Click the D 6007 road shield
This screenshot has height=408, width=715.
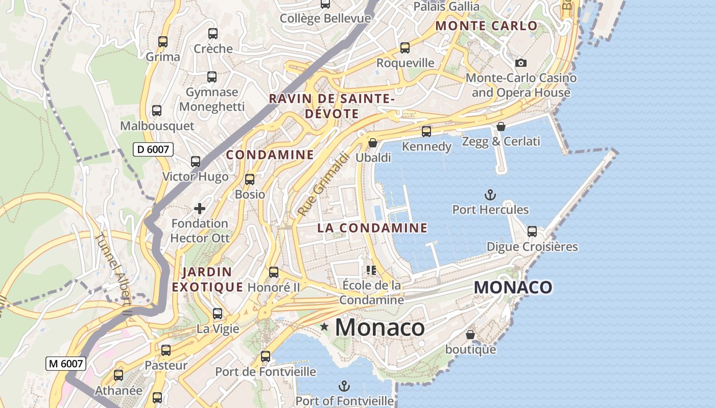(153, 149)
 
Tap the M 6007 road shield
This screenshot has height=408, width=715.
(66, 364)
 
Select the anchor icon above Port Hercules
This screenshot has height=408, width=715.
(490, 195)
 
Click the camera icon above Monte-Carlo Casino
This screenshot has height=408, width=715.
(521, 63)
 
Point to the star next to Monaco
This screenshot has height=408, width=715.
(324, 326)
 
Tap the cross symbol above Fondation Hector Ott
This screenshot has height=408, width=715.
(200, 208)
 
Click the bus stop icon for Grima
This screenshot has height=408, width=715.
(163, 42)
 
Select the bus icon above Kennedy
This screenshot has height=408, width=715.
(426, 132)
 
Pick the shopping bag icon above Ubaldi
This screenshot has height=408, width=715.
(373, 143)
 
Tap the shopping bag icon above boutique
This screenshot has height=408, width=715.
(470, 335)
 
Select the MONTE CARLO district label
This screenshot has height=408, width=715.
(486, 26)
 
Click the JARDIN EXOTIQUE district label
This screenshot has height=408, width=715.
(207, 279)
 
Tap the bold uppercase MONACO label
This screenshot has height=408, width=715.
(513, 287)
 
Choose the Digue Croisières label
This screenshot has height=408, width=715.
(532, 247)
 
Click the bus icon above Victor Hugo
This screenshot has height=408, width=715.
(196, 162)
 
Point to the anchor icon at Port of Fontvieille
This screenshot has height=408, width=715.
(345, 386)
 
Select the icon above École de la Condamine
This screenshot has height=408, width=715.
(371, 270)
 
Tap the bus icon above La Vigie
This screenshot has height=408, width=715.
(218, 314)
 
